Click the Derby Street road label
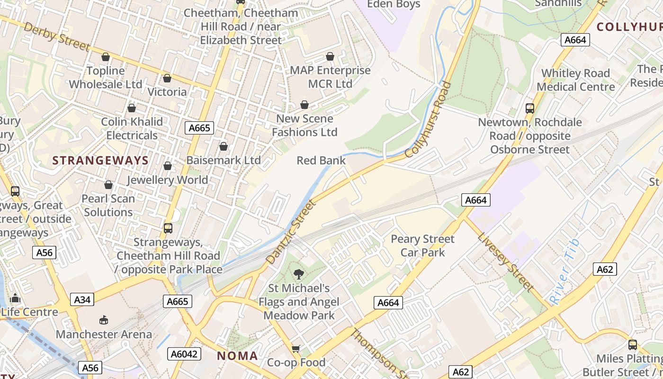tap(56, 36)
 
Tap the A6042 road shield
tap(184, 354)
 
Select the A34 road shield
tap(82, 299)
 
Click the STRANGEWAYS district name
tap(100, 161)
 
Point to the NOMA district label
tap(237, 356)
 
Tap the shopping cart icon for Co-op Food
tap(296, 349)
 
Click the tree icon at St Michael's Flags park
tap(298, 274)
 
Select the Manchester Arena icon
tap(104, 320)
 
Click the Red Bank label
tap(321, 161)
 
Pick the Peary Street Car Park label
tap(422, 245)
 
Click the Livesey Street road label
tap(506, 262)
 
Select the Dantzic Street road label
tap(290, 232)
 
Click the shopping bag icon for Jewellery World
tap(167, 166)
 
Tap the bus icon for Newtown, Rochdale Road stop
tap(529, 108)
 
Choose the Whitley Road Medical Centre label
tap(575, 80)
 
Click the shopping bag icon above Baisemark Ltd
tap(223, 147)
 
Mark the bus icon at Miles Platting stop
tap(632, 345)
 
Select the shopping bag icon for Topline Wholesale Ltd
tap(106, 57)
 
